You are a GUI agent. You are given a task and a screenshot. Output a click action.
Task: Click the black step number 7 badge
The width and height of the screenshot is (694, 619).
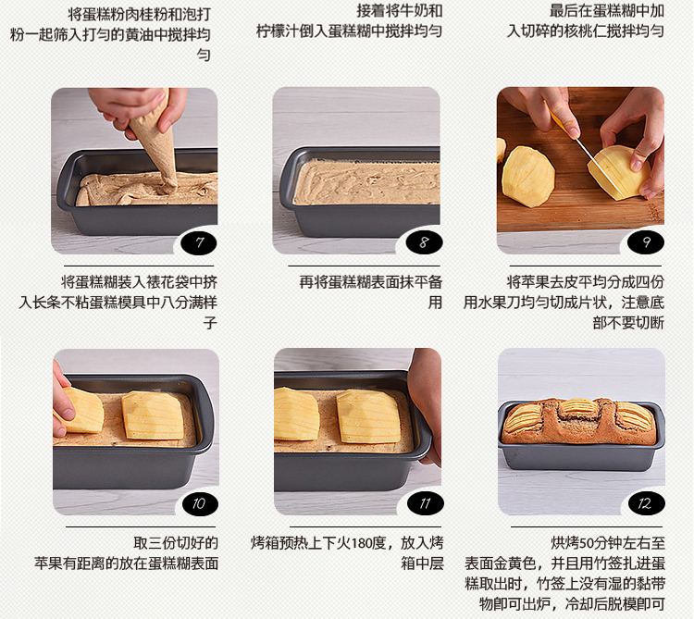(199, 242)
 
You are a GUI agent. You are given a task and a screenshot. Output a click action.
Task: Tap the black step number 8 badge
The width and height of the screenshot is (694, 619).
(424, 242)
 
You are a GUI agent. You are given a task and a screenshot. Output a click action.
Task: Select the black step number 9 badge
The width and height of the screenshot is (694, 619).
(646, 242)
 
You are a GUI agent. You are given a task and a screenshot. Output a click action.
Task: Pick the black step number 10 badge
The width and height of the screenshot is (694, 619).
(200, 503)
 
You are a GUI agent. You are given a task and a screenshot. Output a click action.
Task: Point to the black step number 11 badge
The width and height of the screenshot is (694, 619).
(426, 503)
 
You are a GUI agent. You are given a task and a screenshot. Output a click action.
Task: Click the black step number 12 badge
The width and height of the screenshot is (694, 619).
(647, 503)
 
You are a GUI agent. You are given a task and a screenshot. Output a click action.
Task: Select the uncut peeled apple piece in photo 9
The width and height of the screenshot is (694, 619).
(527, 176)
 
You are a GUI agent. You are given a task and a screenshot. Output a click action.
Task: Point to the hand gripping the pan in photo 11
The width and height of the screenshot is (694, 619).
(426, 407)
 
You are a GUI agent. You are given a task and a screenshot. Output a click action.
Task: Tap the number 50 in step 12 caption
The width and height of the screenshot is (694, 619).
(584, 543)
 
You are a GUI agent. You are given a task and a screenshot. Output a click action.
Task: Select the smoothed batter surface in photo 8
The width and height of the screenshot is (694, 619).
(366, 182)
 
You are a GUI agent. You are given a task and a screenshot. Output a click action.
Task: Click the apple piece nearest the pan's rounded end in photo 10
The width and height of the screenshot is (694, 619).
(153, 415)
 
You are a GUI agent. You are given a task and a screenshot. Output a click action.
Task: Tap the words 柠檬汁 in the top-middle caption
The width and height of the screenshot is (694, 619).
(278, 31)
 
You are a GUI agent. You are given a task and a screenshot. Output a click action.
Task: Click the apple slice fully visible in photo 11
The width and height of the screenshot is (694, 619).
(368, 416)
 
